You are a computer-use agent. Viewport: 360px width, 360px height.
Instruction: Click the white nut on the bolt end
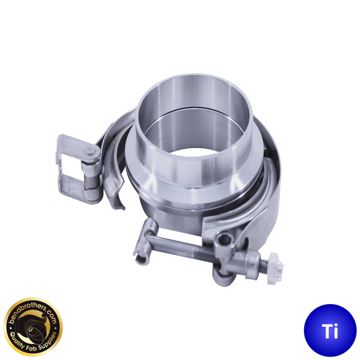(275, 268)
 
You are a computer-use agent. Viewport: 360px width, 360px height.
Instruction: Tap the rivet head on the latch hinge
(89, 151)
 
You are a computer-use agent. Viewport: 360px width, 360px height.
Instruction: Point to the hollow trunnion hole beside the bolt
(225, 240)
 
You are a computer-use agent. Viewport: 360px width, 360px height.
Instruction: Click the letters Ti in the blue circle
(330, 331)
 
